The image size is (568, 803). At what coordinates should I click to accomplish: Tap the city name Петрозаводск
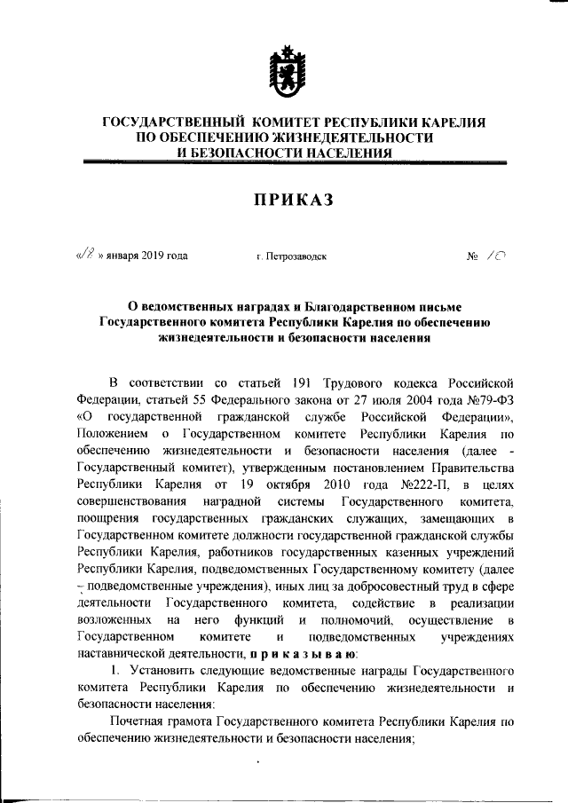pyautogui.click(x=292, y=256)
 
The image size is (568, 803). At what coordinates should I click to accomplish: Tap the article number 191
pyautogui.click(x=301, y=383)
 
